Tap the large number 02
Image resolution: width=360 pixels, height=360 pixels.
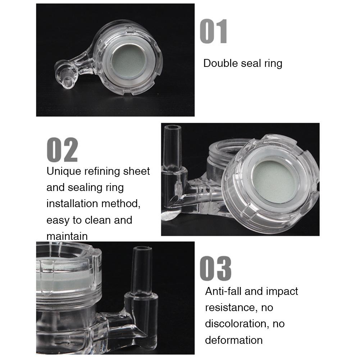click(x=62, y=150)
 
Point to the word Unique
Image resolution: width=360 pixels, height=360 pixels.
click(x=64, y=171)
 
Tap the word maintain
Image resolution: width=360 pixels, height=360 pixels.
click(x=67, y=236)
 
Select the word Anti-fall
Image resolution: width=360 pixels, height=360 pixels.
click(x=223, y=291)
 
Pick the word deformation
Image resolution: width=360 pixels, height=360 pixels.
click(x=234, y=340)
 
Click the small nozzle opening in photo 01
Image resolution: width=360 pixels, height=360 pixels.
click(x=66, y=83)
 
